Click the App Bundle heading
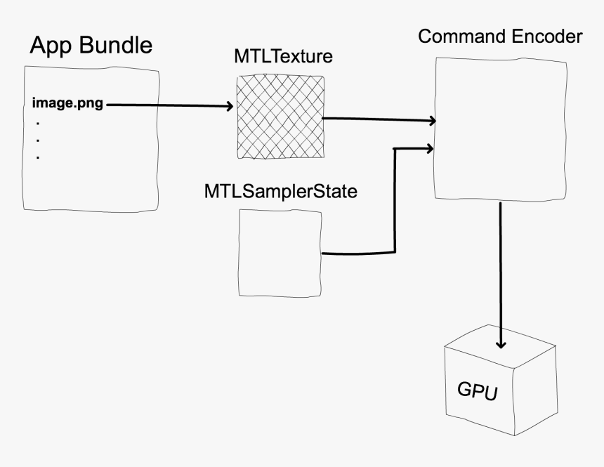pyautogui.click(x=91, y=46)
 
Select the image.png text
pyautogui.click(x=67, y=105)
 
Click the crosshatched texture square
pyautogui.click(x=280, y=117)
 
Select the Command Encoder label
pyautogui.click(x=499, y=36)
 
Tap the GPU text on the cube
pyautogui.click(x=477, y=391)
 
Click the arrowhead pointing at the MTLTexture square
pyautogui.click(x=229, y=107)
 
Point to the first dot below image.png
pyautogui.click(x=37, y=122)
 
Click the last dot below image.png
pyautogui.click(x=37, y=157)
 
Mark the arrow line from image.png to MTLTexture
pyautogui.click(x=169, y=105)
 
